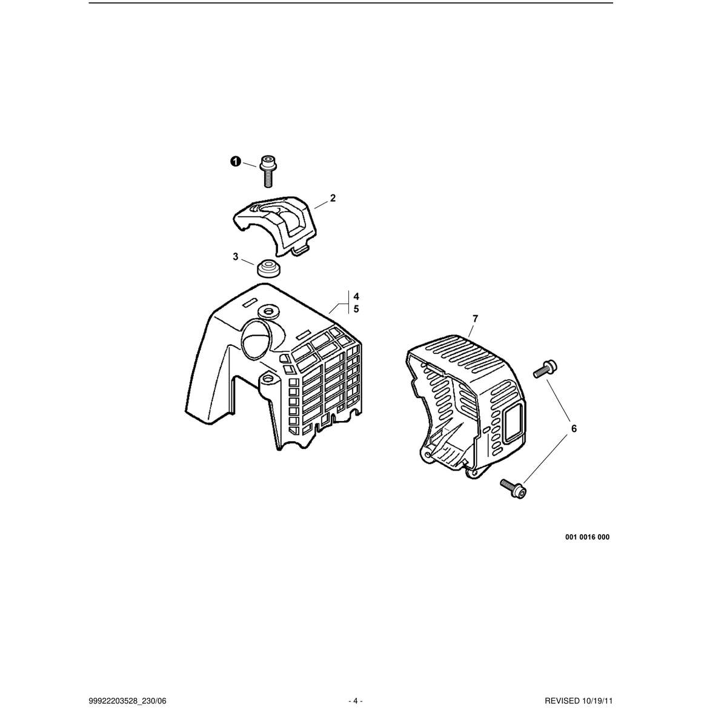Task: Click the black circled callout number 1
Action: (235, 162)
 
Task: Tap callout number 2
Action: (333, 198)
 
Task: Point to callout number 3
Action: (236, 256)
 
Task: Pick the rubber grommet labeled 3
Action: (268, 268)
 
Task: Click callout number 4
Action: (356, 296)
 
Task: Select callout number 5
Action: (356, 309)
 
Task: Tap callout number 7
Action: (475, 319)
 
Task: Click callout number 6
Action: (574, 428)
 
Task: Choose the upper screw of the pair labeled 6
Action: (545, 368)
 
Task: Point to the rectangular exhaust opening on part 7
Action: (514, 421)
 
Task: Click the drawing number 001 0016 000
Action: (587, 537)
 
